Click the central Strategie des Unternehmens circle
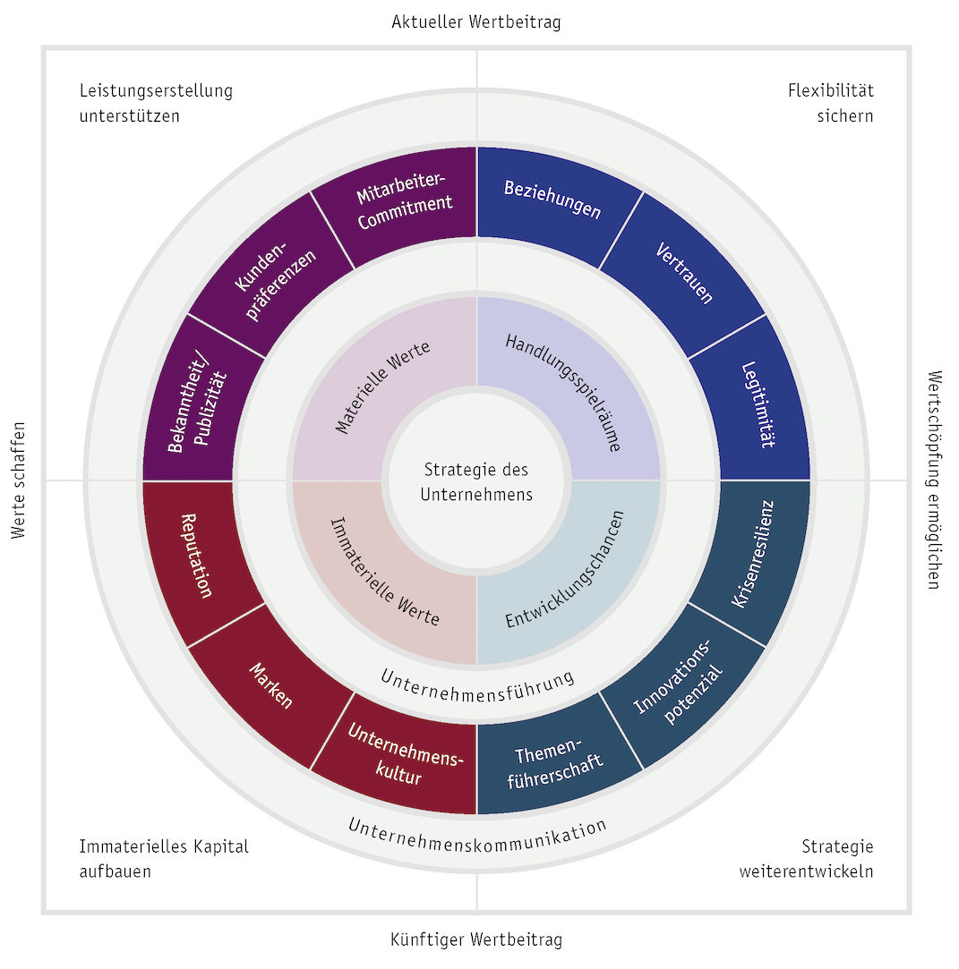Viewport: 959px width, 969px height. point(476,480)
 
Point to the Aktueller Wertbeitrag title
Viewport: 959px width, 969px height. point(476,21)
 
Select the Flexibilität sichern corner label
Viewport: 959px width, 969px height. point(830,103)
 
